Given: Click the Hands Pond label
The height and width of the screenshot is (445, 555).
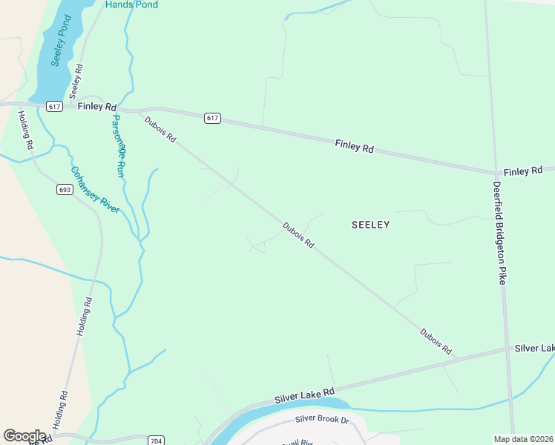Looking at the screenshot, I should (x=131, y=4).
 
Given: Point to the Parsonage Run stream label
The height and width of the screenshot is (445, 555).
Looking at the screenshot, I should (x=117, y=145).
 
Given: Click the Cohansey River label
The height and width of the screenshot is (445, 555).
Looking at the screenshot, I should (x=95, y=188).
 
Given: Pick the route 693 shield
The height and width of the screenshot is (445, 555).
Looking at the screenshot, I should (x=65, y=190).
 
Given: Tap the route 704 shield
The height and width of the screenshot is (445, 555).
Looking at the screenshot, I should (x=155, y=441).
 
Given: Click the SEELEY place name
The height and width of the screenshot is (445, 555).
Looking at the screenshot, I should (x=370, y=223).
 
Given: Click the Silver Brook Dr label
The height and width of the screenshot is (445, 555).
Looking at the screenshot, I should (x=321, y=419).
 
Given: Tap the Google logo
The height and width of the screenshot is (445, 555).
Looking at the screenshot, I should (x=24, y=435).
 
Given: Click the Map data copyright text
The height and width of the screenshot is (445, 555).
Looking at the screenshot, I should (x=523, y=439).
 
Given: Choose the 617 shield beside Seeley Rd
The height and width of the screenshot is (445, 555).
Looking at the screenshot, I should (x=54, y=107).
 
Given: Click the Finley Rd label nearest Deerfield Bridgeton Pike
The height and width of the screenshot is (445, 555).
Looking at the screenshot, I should (x=522, y=171).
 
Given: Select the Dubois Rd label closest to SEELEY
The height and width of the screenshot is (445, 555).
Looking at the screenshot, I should (x=298, y=234).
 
